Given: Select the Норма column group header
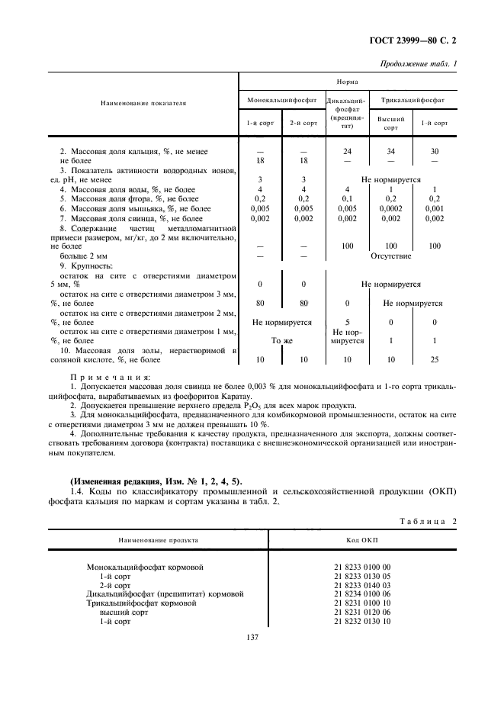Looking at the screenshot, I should point(348,80).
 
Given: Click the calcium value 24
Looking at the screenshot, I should point(347,151).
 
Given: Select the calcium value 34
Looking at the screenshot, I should point(390,151).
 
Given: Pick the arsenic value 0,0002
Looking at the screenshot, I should point(390,208).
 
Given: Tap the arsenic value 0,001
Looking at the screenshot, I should point(435,208).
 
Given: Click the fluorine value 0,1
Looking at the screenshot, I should point(347,198).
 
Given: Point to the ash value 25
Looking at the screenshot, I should point(435,359).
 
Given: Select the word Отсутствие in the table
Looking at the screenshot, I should point(390,256).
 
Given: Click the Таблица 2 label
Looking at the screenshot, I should point(427,520).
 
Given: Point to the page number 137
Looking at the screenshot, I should point(252,638).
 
